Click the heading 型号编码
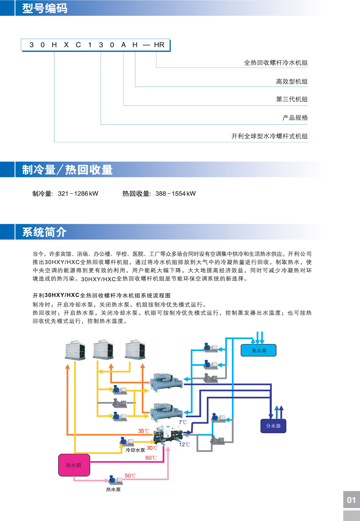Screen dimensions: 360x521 [45, 8]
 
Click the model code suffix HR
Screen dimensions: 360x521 [159, 45]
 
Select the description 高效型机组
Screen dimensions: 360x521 [292, 81]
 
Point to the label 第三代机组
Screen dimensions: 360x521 [292, 99]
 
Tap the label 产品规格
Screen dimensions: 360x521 [295, 118]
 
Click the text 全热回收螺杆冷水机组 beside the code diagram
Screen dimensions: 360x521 [276, 63]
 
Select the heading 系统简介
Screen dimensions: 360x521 [44, 232]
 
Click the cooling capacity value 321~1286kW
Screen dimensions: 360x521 [78, 194]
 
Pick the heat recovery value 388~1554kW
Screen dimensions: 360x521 [176, 194]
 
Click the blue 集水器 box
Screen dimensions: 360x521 [259, 350]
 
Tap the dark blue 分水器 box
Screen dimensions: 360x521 [273, 426]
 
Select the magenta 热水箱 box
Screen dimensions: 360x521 [74, 465]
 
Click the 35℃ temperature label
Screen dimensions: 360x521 [144, 431]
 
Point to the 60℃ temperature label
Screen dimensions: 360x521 [151, 458]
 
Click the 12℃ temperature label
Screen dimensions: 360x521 [184, 445]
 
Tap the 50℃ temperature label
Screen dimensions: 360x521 [130, 476]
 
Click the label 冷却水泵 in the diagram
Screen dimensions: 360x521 [135, 450]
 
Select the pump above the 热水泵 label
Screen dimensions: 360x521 [115, 480]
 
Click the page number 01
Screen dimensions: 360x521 [351, 500]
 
